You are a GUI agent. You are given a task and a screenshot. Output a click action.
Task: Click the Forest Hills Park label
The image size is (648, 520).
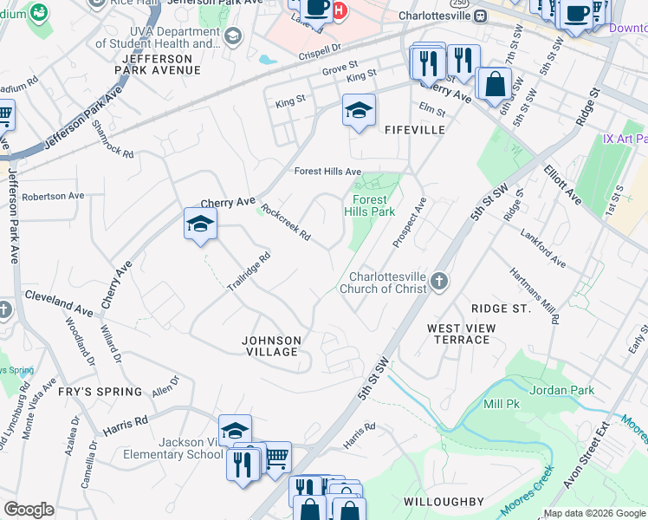369,205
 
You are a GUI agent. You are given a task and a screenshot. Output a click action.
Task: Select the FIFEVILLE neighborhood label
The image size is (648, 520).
414,129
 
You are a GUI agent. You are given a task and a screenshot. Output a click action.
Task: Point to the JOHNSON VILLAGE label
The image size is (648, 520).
271,346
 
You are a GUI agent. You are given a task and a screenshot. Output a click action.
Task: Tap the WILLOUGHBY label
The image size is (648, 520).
455,502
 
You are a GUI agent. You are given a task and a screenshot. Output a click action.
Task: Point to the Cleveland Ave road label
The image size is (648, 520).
58,309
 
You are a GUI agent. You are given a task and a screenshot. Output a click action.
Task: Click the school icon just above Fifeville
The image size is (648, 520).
359,111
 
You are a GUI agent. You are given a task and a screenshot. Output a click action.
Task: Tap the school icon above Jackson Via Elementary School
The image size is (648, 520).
235,430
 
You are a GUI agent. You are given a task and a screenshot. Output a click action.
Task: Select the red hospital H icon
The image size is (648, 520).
340,10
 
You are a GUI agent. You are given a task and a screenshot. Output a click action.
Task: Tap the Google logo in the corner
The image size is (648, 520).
29,510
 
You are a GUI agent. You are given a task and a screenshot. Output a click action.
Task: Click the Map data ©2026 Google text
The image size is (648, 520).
594,513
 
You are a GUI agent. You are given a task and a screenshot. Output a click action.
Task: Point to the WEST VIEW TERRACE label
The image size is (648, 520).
462,334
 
